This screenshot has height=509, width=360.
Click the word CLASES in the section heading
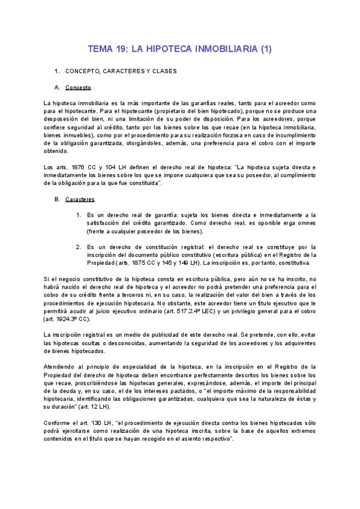[x=161, y=71]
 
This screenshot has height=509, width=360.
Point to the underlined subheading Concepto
[x=78, y=88]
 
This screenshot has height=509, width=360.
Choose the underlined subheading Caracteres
[x=80, y=199]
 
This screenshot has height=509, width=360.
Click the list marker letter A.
[x=56, y=88]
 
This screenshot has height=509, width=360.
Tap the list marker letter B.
[x=56, y=199]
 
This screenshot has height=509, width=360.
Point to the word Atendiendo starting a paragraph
[x=61, y=366]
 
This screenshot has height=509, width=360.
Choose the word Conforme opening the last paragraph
[x=59, y=423]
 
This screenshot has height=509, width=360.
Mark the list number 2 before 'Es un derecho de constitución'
[x=78, y=246]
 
